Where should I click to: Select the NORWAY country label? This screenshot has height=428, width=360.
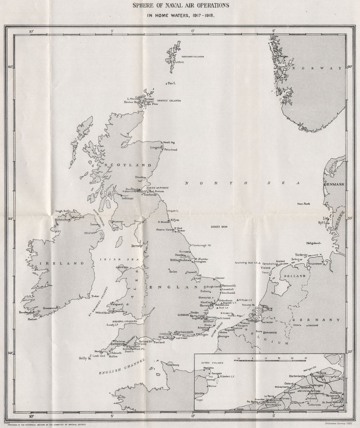click(317, 68)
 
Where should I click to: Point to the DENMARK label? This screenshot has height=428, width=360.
click(335, 184)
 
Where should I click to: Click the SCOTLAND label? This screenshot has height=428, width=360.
click(128, 165)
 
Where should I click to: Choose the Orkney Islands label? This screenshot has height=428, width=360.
click(168, 101)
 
